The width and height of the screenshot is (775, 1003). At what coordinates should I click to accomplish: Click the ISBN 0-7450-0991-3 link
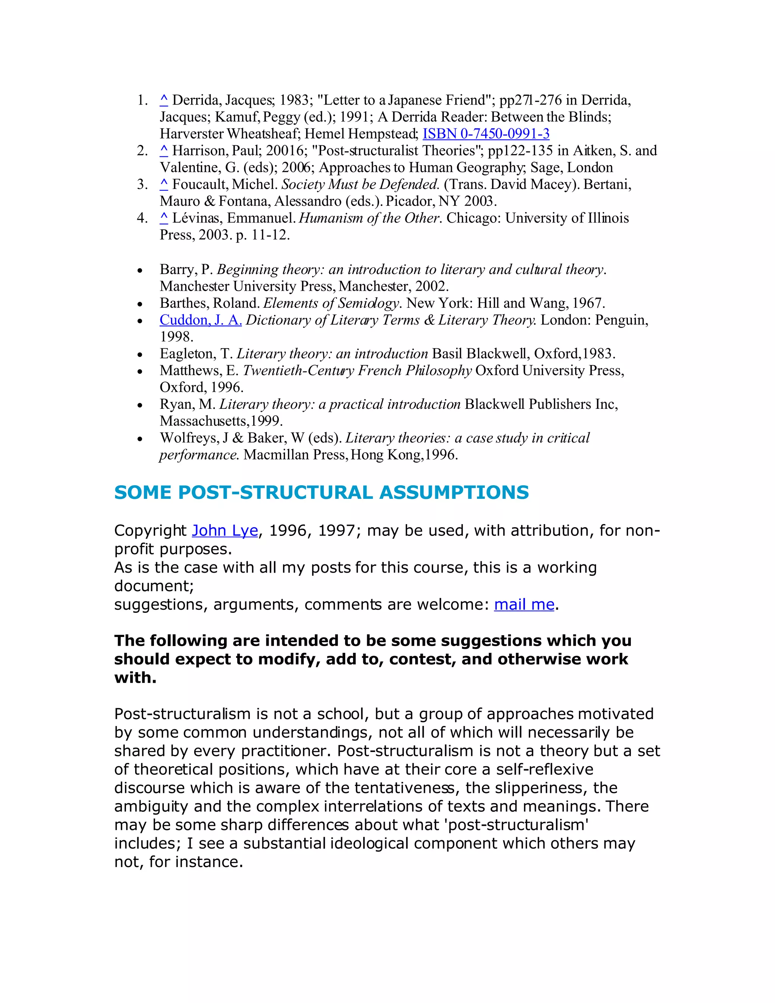point(486,134)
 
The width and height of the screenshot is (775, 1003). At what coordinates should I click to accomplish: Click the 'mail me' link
point(524,604)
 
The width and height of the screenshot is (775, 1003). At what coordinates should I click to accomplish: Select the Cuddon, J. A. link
point(201,320)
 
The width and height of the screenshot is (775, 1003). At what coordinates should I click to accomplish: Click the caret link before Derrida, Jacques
point(164,100)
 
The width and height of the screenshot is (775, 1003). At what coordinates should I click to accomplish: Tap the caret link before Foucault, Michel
point(164,184)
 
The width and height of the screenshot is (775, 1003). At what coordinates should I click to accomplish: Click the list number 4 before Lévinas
point(142,218)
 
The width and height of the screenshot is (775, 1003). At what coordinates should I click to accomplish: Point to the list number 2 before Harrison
point(142,151)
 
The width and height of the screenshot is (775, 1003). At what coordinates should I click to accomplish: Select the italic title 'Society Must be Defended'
point(360,184)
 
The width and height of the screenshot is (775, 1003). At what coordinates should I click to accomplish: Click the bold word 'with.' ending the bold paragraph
point(135,677)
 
